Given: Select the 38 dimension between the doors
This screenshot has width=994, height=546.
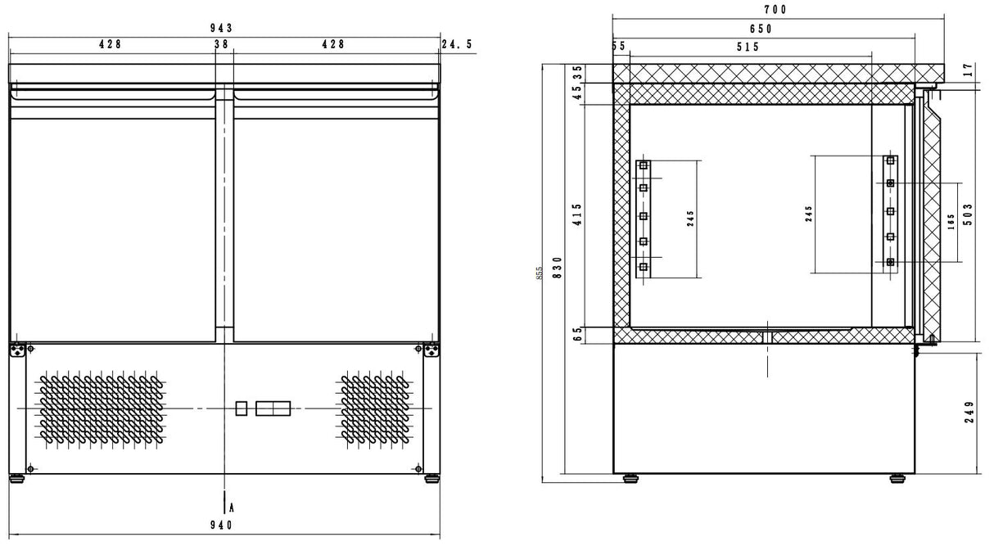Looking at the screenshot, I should [x=222, y=45].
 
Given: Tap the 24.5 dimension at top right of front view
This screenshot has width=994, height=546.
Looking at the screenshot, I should [x=457, y=45].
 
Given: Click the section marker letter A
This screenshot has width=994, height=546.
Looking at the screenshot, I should [x=232, y=508].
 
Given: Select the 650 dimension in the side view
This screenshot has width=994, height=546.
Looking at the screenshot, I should [x=759, y=29].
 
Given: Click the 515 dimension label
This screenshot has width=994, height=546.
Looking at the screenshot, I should [x=747, y=47].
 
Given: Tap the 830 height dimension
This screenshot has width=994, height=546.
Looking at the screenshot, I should [x=558, y=268].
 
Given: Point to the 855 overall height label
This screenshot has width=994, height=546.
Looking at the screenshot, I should [x=540, y=272].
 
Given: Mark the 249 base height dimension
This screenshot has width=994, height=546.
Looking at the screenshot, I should [x=969, y=413].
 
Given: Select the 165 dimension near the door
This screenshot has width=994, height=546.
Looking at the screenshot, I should [x=951, y=222].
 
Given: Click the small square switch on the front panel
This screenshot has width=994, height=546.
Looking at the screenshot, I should [x=242, y=408].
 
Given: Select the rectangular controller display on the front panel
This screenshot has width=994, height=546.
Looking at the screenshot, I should [x=273, y=408].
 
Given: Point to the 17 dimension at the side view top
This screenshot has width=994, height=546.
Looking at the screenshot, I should [x=969, y=71].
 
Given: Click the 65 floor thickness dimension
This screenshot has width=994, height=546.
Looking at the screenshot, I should [x=577, y=334].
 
